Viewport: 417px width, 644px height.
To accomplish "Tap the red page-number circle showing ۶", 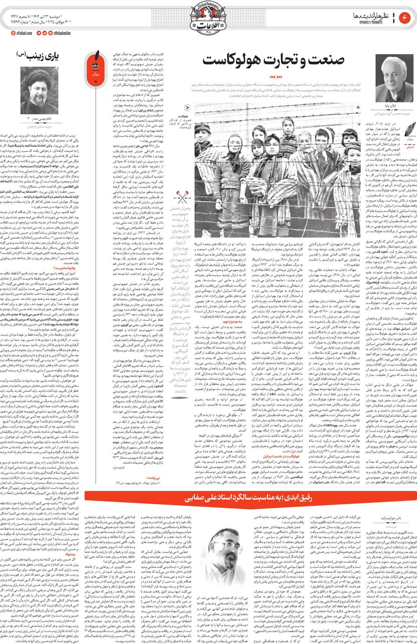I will (406, 17).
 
